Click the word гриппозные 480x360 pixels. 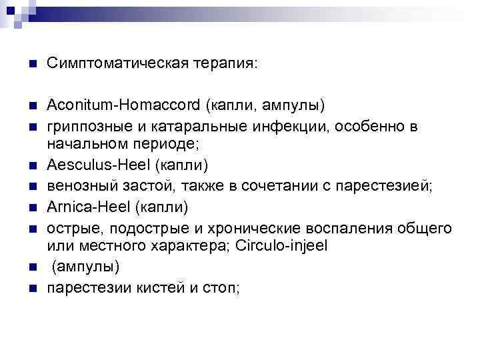(x=86, y=125)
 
